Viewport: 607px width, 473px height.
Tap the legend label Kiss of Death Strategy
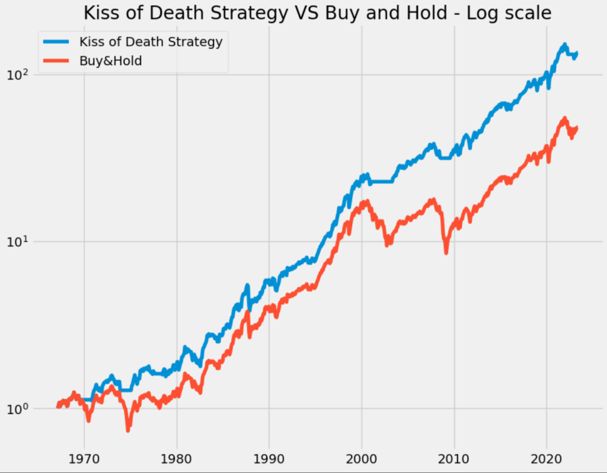[151, 42]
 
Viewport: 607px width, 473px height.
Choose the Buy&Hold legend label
[111, 60]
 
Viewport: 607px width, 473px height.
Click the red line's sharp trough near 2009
[446, 252]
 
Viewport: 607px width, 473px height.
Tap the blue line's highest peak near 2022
[564, 45]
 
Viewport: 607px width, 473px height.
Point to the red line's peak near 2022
[564, 118]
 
